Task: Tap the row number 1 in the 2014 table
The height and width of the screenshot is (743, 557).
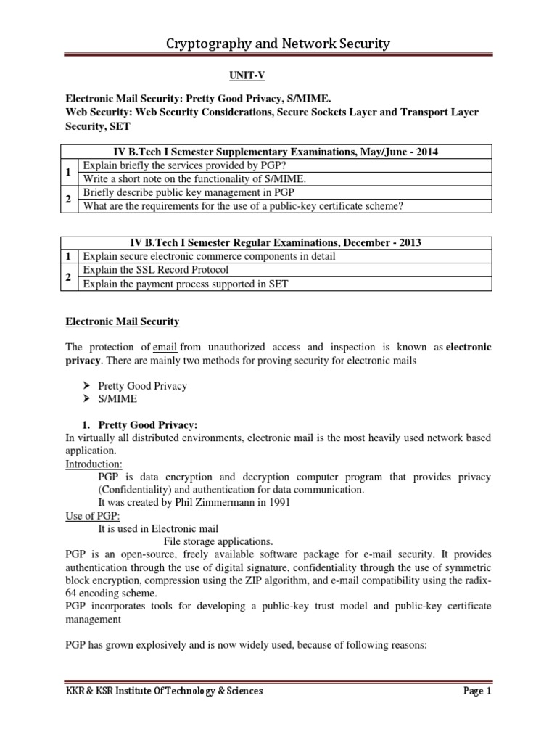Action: click(67, 171)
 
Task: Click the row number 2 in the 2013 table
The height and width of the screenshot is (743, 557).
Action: click(67, 277)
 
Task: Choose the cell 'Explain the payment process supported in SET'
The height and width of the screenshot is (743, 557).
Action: click(186, 284)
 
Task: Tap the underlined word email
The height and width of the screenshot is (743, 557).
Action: click(165, 348)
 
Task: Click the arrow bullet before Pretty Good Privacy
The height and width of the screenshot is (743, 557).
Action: click(87, 386)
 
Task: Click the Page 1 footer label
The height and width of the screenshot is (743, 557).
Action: click(476, 691)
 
